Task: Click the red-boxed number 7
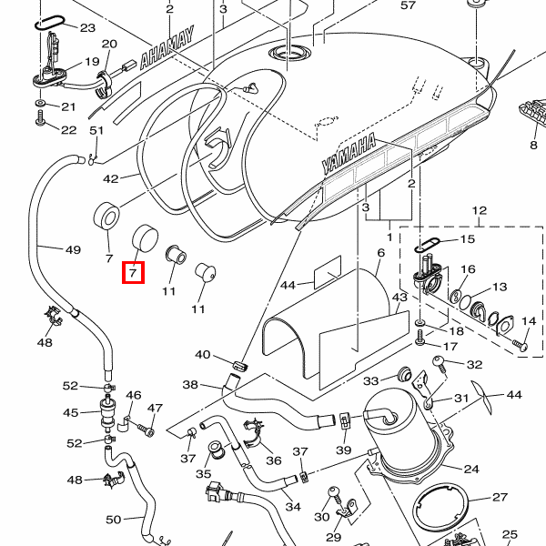[x=133, y=271]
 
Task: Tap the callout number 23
[x=87, y=28]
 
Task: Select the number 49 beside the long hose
[x=73, y=249]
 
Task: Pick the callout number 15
[x=468, y=239]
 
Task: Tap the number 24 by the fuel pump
[x=470, y=470]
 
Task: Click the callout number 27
[x=500, y=498]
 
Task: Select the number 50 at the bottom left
[x=113, y=520]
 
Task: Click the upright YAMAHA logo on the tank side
[x=349, y=154]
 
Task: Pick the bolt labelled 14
[x=520, y=344]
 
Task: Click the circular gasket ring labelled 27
[x=445, y=511]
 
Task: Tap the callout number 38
[x=190, y=385]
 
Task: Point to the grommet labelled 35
[x=217, y=450]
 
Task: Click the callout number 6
[x=381, y=252]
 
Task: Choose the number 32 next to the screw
[x=474, y=365]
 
